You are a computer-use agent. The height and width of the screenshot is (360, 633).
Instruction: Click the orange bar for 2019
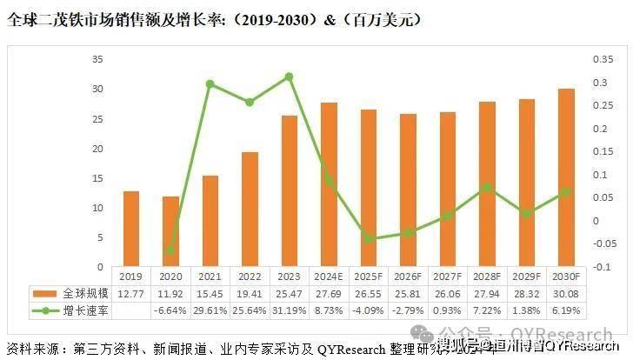point(130,229)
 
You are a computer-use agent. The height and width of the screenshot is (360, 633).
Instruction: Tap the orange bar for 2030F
point(565,177)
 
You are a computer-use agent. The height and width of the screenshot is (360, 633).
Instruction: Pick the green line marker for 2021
point(210,84)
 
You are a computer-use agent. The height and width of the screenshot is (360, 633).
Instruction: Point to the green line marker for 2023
point(289,77)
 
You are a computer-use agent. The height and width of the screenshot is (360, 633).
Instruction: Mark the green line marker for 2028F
point(486,187)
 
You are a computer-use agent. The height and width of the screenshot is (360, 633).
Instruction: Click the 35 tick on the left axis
point(97,59)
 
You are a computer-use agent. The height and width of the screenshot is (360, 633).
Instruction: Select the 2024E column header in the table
point(328,277)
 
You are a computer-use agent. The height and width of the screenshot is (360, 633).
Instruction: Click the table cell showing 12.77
point(130,294)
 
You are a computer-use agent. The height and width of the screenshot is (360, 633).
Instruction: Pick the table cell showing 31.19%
point(289,310)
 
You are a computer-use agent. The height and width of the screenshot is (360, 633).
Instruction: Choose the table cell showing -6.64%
point(170,310)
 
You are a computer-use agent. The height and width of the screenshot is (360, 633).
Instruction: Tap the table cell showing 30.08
point(565,294)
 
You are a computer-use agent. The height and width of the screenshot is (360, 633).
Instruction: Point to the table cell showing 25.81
point(407,294)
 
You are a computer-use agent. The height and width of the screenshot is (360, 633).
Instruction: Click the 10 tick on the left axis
point(97,207)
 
